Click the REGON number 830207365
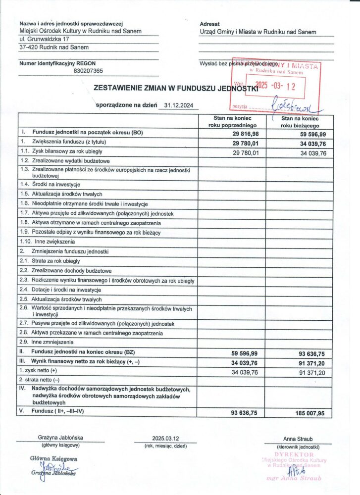coord(88,71)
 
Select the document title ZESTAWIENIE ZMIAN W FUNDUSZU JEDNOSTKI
coord(176,88)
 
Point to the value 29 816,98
coord(245,134)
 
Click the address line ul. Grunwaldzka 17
coord(44,39)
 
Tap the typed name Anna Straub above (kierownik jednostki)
coord(298,439)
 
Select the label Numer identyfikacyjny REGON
coord(57,63)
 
